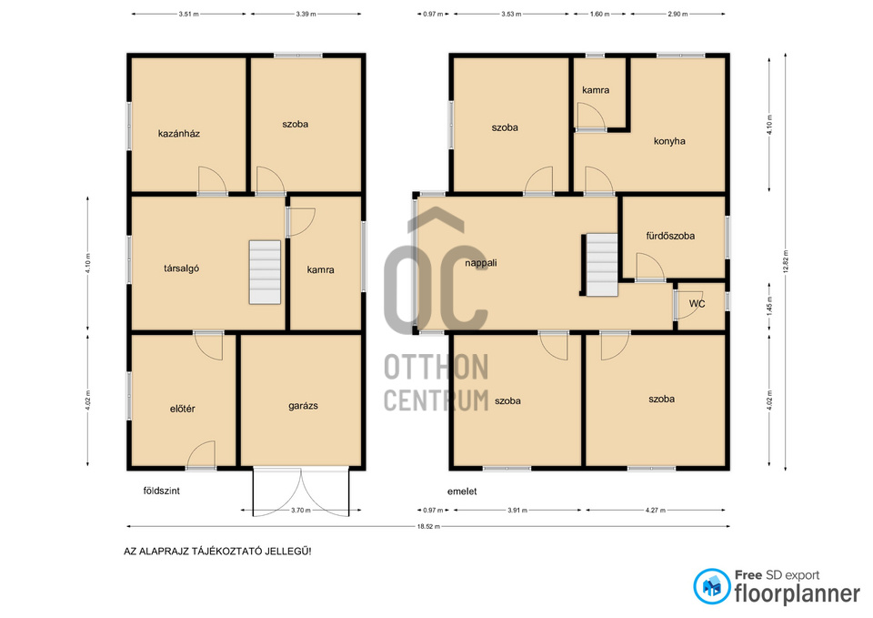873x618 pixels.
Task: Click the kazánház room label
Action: pyautogui.click(x=179, y=134)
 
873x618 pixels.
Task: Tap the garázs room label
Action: pyautogui.click(x=303, y=406)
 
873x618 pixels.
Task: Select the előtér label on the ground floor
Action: pyautogui.click(x=183, y=409)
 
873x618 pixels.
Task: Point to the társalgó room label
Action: pyautogui.click(x=182, y=268)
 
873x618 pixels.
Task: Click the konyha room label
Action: pyautogui.click(x=669, y=142)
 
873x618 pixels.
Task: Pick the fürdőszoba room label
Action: pyautogui.click(x=670, y=237)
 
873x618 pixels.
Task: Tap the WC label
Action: pyautogui.click(x=697, y=304)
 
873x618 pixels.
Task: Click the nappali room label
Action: pyautogui.click(x=481, y=263)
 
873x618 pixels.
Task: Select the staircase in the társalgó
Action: pyautogui.click(x=265, y=272)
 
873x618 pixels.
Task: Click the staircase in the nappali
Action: pyautogui.click(x=602, y=265)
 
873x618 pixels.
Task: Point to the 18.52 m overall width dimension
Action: pyautogui.click(x=428, y=526)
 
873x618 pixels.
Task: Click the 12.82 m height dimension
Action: pyautogui.click(x=786, y=262)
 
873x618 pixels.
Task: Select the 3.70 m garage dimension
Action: pyautogui.click(x=301, y=510)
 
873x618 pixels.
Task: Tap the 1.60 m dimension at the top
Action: pyautogui.click(x=599, y=14)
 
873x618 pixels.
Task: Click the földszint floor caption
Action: pyautogui.click(x=162, y=491)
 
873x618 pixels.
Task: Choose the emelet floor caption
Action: pyautogui.click(x=462, y=491)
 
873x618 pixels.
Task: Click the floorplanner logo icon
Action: pyautogui.click(x=711, y=586)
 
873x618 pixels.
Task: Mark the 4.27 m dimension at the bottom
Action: pyautogui.click(x=655, y=510)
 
